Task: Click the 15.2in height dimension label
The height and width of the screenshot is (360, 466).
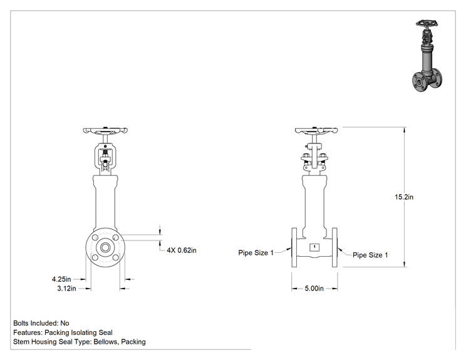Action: tap(403, 197)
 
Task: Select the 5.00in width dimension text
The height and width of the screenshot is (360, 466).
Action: tap(314, 289)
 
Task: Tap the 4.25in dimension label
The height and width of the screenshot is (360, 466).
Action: tap(61, 279)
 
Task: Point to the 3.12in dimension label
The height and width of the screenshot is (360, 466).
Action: tap(66, 289)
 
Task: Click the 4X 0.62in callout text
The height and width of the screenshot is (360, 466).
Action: tap(182, 250)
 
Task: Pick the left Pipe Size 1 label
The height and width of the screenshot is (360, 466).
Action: tap(256, 253)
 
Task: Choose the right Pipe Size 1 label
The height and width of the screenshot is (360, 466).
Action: tap(370, 255)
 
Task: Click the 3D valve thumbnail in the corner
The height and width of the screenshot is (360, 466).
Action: tap(427, 56)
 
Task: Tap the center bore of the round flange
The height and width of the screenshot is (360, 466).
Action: tap(105, 247)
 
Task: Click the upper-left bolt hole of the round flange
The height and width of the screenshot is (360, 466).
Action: tap(95, 238)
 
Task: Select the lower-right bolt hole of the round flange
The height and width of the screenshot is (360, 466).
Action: tap(116, 257)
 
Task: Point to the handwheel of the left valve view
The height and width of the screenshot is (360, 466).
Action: tap(105, 130)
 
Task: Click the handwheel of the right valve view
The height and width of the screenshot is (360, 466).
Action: tap(316, 130)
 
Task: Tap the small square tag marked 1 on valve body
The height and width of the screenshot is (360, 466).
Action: tap(314, 247)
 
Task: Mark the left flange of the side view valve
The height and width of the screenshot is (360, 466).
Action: tap(294, 247)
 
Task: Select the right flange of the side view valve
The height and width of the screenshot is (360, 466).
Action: tap(334, 247)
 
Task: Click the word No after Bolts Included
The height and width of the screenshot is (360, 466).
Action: tap(65, 323)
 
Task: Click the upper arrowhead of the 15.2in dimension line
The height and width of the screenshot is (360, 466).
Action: tap(405, 130)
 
